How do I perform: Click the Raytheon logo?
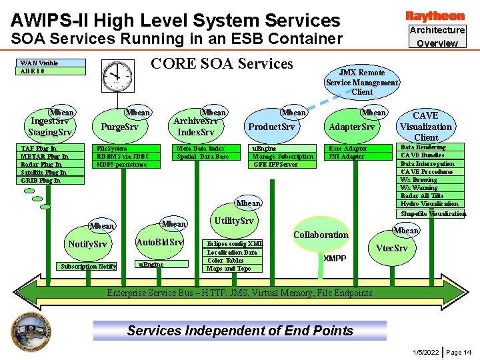tap(435, 15)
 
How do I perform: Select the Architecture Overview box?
tap(437, 37)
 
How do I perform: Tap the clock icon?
tap(117, 74)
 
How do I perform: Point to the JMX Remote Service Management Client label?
tap(362, 82)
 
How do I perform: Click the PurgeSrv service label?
tap(119, 127)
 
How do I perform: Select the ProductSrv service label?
tap(271, 127)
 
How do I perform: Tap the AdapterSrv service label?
tap(352, 127)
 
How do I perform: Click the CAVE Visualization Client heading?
tap(426, 127)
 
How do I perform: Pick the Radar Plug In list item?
tap(41, 164)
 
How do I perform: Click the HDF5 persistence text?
tap(122, 164)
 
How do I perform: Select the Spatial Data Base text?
tap(203, 156)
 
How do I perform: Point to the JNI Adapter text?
tap(346, 156)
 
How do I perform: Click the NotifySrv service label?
tap(87, 244)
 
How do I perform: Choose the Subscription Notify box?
tap(89, 267)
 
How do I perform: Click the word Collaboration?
tap(321, 235)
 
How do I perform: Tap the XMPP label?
tap(335, 258)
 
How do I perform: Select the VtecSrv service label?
tap(391, 248)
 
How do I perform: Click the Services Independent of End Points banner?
tap(240, 331)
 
